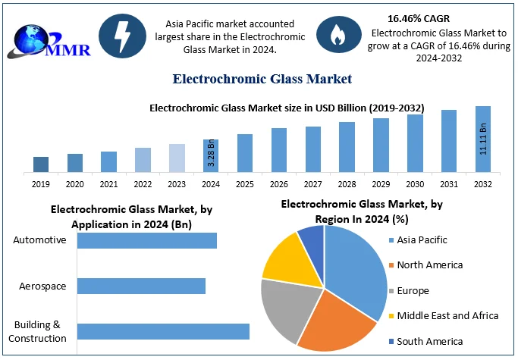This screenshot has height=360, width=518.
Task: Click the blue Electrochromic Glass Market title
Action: [x=262, y=79]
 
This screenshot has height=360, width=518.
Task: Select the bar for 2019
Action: [x=41, y=164]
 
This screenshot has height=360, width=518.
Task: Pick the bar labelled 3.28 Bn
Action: [x=211, y=155]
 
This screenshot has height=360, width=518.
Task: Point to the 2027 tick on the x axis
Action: [x=313, y=184]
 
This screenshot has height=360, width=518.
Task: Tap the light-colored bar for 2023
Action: [x=177, y=158]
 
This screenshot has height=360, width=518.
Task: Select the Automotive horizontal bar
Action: [x=147, y=240]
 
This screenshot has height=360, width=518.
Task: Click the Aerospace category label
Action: [x=43, y=286]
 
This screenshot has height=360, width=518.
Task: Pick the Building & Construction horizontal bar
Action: [x=163, y=331]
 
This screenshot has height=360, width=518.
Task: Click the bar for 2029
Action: [x=381, y=145]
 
